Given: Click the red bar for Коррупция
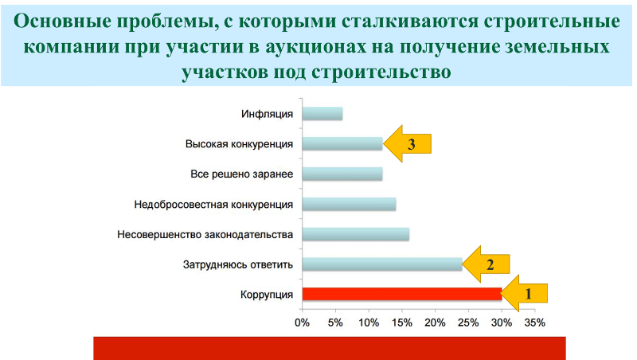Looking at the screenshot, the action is tap(402, 294).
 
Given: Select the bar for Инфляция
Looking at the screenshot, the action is tap(322, 114).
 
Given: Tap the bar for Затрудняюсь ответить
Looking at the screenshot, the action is tap(382, 264).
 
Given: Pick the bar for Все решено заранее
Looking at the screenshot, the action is tap(342, 174).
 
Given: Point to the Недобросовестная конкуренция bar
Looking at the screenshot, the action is tap(349, 204).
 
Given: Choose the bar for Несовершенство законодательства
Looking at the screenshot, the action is tap(355, 234).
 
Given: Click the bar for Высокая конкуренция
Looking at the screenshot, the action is tap(342, 144).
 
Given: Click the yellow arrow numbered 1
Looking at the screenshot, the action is tap(525, 293).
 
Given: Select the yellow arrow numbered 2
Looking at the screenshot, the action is tap(486, 264).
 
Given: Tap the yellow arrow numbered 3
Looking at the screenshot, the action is tap(407, 144).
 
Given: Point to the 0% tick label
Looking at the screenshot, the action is tap(303, 323).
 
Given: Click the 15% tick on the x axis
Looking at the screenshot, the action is tap(402, 323).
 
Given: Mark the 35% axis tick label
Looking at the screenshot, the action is tap(535, 323).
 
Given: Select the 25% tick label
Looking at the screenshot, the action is tap(468, 323).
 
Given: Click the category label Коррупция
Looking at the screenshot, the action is tap(267, 295).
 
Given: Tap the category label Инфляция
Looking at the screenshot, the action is tap(267, 114).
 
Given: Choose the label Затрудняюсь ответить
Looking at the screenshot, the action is tap(238, 265).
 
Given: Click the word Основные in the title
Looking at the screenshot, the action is tap(62, 22).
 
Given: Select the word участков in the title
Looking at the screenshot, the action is tap(224, 72).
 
